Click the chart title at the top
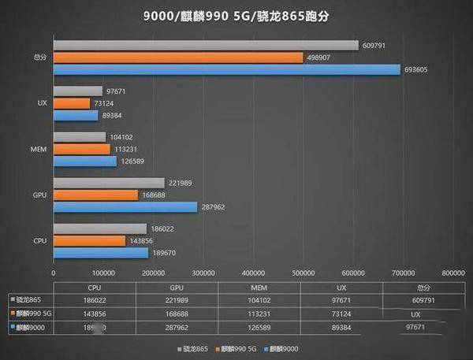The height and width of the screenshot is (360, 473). tap(236, 14)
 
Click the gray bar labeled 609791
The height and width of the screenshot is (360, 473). tap(206, 46)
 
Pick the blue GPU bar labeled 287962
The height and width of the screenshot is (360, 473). tap(125, 207)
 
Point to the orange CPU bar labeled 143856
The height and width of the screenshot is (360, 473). tap(89, 240)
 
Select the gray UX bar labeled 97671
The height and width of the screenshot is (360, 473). tap(78, 91)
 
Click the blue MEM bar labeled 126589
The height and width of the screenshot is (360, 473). tap(85, 161)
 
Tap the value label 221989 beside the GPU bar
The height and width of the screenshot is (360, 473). tap(180, 183)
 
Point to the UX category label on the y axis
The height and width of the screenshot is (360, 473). tap(41, 103)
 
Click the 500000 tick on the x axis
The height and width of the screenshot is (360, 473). tap(304, 273)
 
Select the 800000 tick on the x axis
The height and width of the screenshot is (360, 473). tap(453, 273)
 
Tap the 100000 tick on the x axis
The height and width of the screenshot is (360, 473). tap(103, 273)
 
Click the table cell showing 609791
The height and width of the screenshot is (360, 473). tap(423, 299)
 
